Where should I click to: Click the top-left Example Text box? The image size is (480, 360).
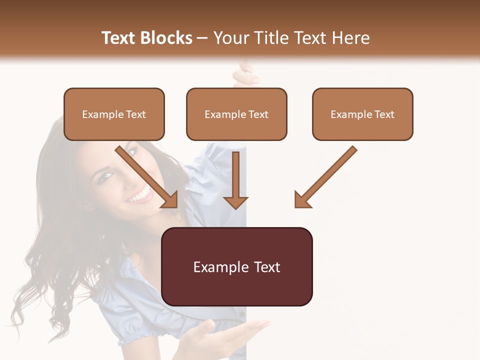(x=114, y=114)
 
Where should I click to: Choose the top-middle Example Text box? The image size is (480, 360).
(x=236, y=114)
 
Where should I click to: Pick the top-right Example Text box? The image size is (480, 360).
(x=362, y=114)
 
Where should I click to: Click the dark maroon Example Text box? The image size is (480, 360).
(x=237, y=267)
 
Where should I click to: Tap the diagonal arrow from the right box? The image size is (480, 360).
(x=326, y=176)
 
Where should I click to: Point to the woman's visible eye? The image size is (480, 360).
(x=107, y=176)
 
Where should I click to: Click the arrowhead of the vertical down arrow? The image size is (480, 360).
(x=235, y=201)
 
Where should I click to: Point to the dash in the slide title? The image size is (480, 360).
(x=202, y=38)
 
